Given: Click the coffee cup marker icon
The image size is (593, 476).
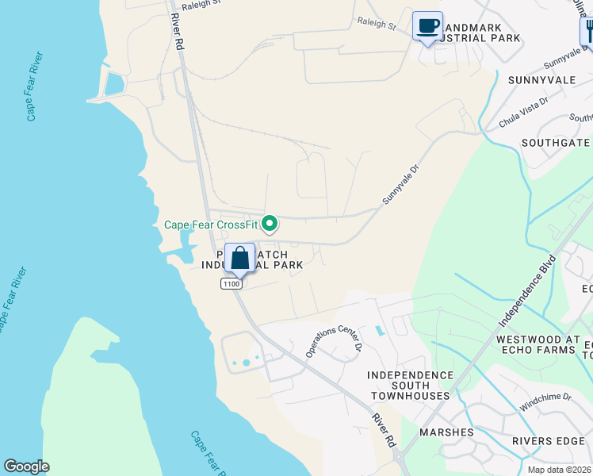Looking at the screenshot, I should (x=428, y=26).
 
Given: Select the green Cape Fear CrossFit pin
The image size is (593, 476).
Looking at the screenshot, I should (x=270, y=225).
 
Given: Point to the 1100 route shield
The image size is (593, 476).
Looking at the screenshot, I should (x=231, y=283).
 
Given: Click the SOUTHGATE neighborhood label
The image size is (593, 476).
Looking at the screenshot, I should (x=556, y=143).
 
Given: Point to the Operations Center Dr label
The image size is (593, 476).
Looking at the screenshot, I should (x=333, y=339).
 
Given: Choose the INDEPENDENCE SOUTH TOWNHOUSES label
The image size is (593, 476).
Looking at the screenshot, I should (x=409, y=385).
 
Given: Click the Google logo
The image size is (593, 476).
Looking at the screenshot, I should (x=26, y=466).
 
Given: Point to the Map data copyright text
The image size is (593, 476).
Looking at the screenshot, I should (x=559, y=470).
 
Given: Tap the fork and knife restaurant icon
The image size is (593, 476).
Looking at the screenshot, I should (x=587, y=32).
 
